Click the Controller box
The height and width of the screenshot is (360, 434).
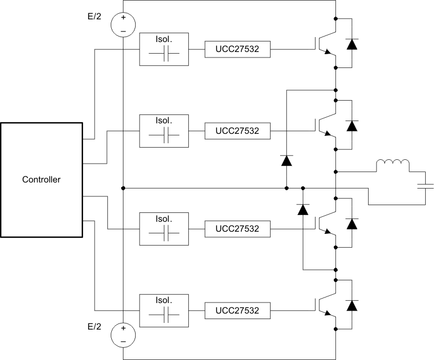point(41,179)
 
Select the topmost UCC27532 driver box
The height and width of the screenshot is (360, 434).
point(237,49)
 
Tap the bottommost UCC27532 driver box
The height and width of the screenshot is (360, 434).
point(237,310)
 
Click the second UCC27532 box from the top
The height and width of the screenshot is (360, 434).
point(237,131)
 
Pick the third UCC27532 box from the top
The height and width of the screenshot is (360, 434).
point(237,228)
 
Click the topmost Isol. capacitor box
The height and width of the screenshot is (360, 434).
point(164,49)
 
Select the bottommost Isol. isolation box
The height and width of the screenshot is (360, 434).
point(164,310)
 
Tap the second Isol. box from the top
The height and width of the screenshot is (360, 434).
point(164,131)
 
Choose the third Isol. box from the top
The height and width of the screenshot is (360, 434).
point(164,228)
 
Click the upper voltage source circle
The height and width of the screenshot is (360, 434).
point(123,24)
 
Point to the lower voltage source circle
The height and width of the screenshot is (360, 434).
point(123,335)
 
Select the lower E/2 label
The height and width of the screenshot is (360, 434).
point(95,327)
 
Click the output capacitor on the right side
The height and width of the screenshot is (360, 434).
point(425,187)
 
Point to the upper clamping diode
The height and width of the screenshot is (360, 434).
point(286,161)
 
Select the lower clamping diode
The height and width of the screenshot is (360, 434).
point(303,210)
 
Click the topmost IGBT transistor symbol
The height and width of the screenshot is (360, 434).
point(326,48)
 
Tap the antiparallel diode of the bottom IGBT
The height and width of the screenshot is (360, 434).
point(351,305)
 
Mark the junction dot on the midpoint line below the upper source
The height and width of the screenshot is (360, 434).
point(123,188)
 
